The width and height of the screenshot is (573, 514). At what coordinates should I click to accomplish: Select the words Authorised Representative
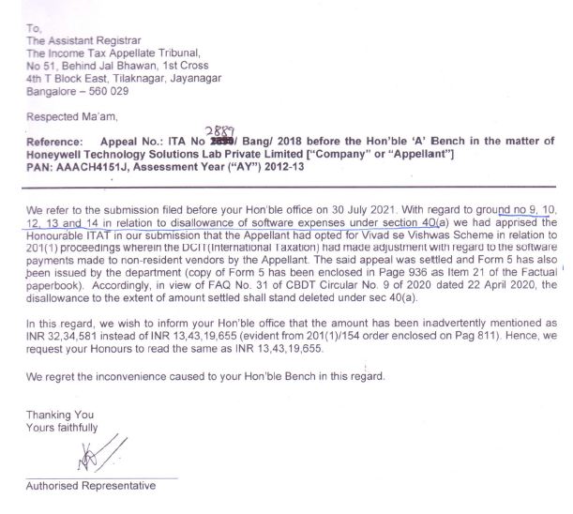point(89,486)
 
